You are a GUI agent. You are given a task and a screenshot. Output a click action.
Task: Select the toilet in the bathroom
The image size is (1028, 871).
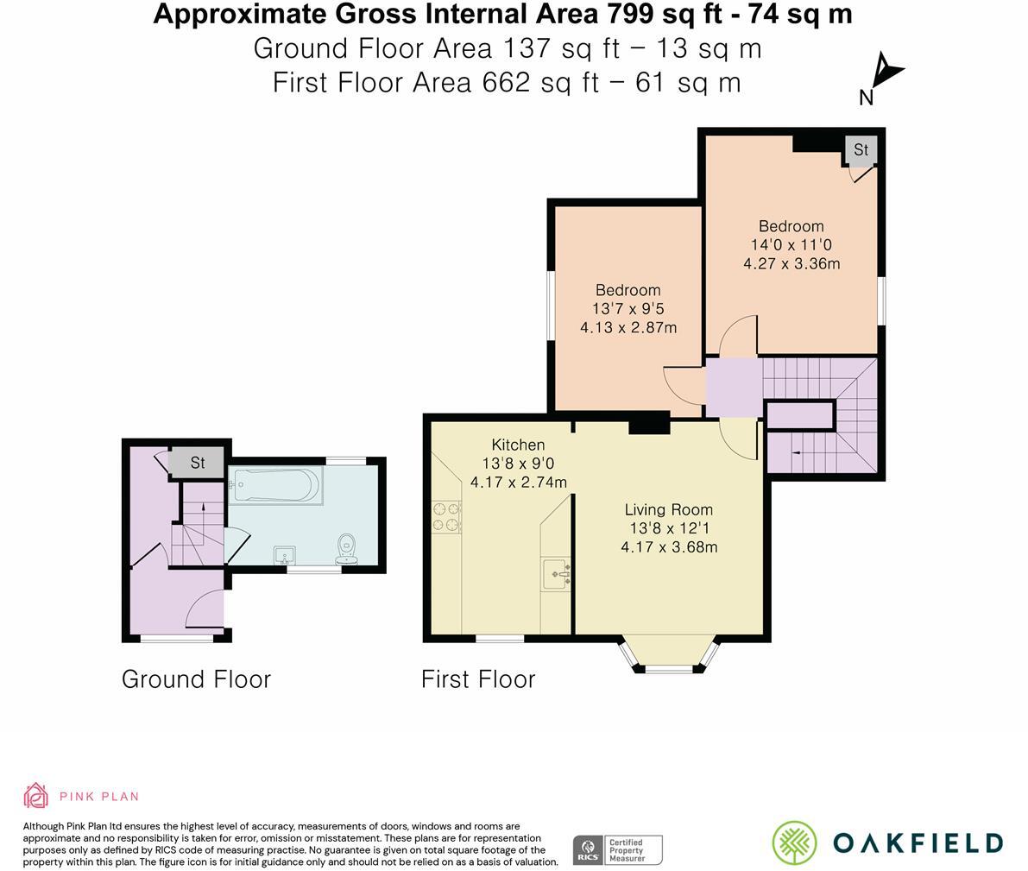point(347,546)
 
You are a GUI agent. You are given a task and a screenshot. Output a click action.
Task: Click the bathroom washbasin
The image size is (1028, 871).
point(284,555)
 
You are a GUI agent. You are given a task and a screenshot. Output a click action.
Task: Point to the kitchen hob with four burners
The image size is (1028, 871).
point(445,516)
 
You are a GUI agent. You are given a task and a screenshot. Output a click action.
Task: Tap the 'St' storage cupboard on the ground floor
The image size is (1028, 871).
point(197,463)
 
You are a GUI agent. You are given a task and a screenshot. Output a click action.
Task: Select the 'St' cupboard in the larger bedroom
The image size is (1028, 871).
point(861,150)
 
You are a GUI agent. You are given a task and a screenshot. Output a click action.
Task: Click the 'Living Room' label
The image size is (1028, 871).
point(669,509)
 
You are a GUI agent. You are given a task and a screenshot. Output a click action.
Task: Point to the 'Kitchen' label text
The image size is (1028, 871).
point(518,445)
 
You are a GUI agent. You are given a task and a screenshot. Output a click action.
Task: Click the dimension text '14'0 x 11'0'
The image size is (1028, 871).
point(791,245)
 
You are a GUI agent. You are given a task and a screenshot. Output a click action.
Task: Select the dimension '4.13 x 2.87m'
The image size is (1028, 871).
point(628,327)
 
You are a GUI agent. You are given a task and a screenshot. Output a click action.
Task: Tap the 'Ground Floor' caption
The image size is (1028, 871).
point(196,679)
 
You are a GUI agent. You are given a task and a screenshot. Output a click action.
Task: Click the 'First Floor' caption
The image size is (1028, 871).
point(478,679)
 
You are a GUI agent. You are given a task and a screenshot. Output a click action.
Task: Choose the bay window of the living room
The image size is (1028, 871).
point(670,658)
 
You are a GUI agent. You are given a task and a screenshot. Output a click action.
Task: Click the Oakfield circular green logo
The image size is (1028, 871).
point(794,843)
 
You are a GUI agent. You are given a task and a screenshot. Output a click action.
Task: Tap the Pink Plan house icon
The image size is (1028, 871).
point(35,795)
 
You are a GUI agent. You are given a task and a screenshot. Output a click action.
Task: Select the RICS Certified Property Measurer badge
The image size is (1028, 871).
point(617,849)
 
